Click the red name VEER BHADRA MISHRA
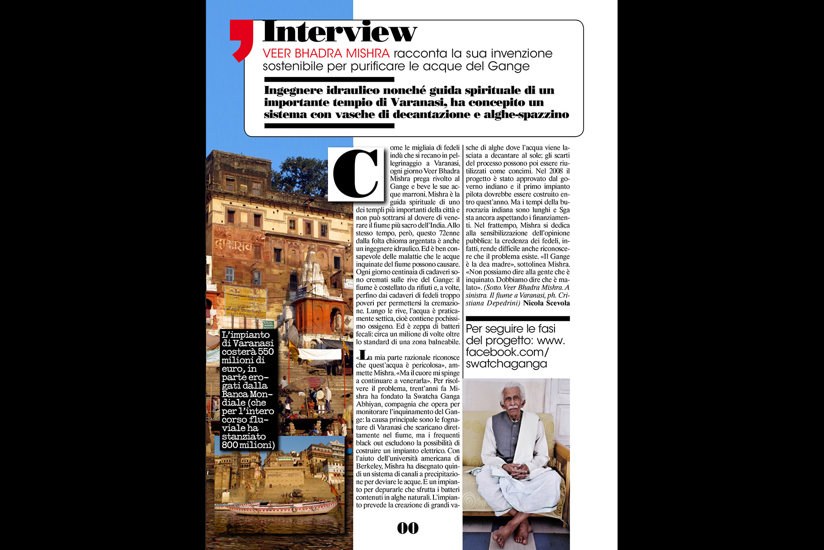326,54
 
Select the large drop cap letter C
356,174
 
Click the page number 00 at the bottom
408,528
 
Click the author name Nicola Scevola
546,303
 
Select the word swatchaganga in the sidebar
506,364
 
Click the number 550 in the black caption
266,351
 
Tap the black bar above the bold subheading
329,79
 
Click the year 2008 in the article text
556,171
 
